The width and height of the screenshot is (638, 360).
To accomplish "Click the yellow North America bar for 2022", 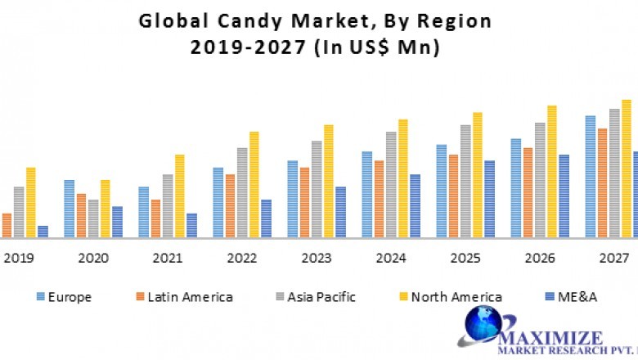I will pyautogui.click(x=254, y=185).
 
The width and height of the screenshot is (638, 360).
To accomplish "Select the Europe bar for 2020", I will pyautogui.click(x=70, y=209).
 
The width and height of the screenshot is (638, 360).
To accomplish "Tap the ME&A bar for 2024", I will pyautogui.click(x=415, y=206).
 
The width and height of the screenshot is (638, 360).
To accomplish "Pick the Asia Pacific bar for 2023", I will pyautogui.click(x=317, y=189).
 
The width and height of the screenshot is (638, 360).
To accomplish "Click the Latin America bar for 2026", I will pyautogui.click(x=528, y=193).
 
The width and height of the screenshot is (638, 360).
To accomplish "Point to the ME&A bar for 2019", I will pyautogui.click(x=43, y=232).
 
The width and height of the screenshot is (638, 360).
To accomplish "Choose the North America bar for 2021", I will pyautogui.click(x=180, y=196).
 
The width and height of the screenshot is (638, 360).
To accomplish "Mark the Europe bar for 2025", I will pyautogui.click(x=441, y=191).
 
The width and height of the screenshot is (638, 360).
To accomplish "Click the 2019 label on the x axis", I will pyautogui.click(x=19, y=259).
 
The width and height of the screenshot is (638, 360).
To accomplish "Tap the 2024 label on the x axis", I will pyautogui.click(x=391, y=259).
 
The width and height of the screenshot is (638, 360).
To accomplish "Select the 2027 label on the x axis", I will pyautogui.click(x=613, y=259).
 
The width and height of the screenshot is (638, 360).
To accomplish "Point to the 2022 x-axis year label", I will pyautogui.click(x=242, y=259).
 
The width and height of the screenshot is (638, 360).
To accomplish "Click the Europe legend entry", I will pyautogui.click(x=65, y=297).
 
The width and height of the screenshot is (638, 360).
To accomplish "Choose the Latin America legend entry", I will pyautogui.click(x=183, y=297).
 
